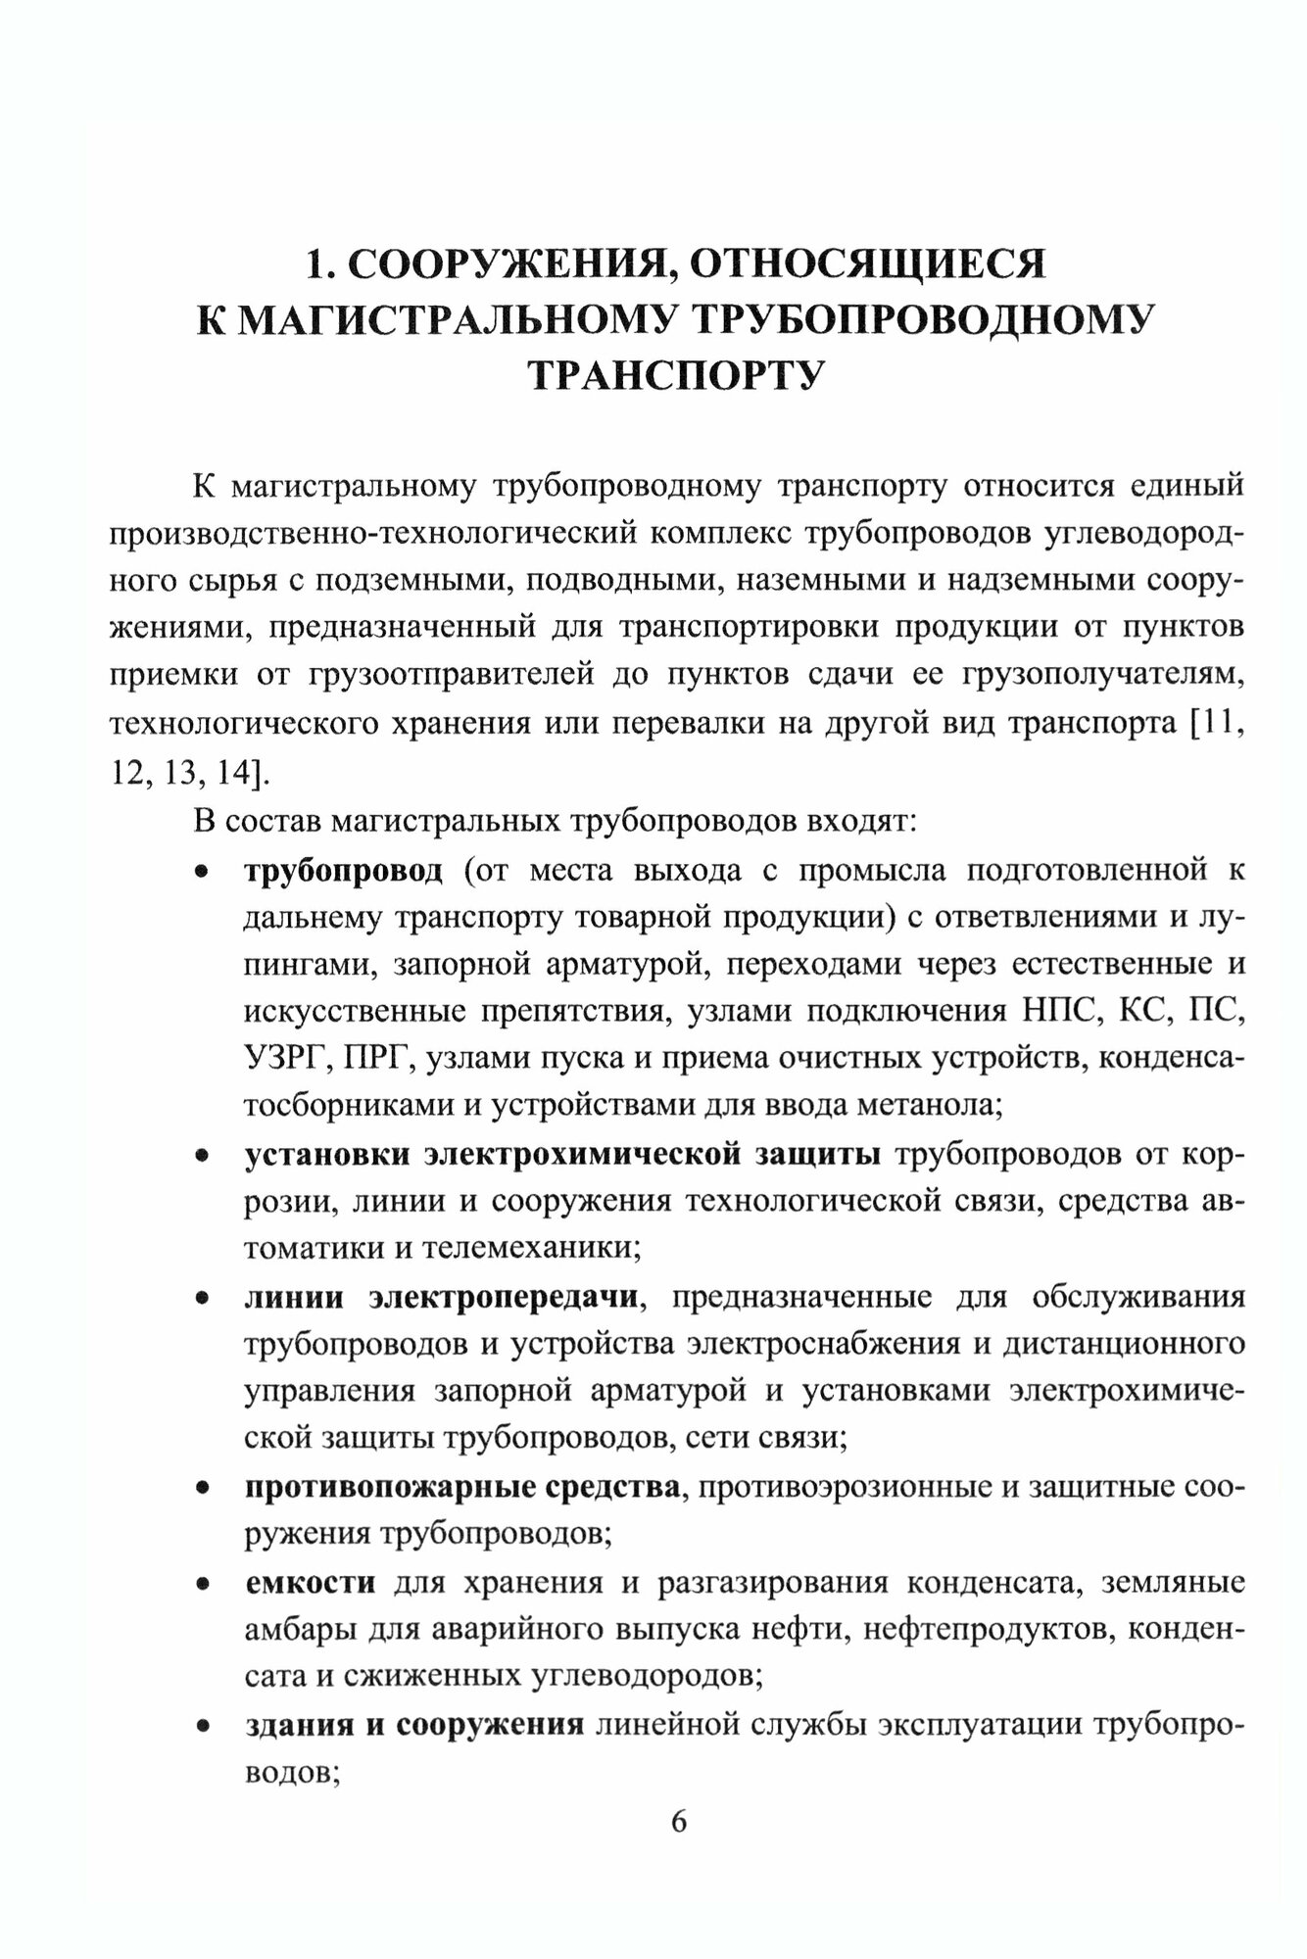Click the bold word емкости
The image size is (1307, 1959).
[x=309, y=1583]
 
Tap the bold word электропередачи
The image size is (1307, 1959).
[x=506, y=1298]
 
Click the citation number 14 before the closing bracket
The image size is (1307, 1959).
[x=234, y=772]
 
